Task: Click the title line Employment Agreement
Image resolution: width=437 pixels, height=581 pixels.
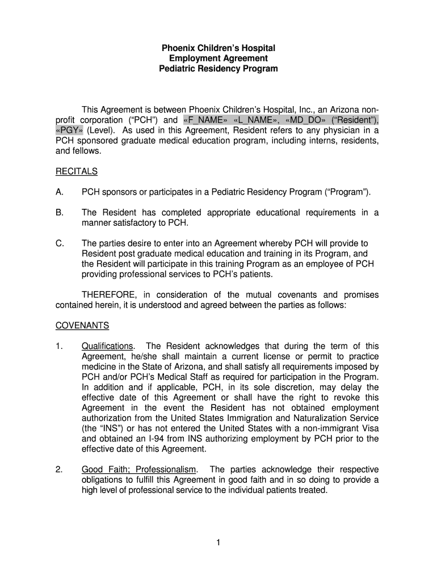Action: click(x=218, y=58)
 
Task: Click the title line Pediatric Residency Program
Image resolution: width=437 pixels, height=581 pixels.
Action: click(x=218, y=69)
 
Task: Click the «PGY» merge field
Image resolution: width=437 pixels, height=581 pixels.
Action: click(x=69, y=130)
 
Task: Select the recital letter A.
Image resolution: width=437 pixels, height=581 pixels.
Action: click(x=59, y=192)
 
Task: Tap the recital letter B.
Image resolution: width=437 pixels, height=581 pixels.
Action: click(x=59, y=213)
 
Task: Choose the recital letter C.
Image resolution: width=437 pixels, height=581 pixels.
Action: click(x=59, y=243)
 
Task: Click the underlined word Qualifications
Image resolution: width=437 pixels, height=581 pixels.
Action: click(x=108, y=346)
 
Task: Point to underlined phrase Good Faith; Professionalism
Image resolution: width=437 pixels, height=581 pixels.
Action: click(x=139, y=470)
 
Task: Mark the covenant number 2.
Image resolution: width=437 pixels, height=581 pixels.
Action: click(x=58, y=470)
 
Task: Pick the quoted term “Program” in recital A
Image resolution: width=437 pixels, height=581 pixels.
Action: click(x=348, y=192)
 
